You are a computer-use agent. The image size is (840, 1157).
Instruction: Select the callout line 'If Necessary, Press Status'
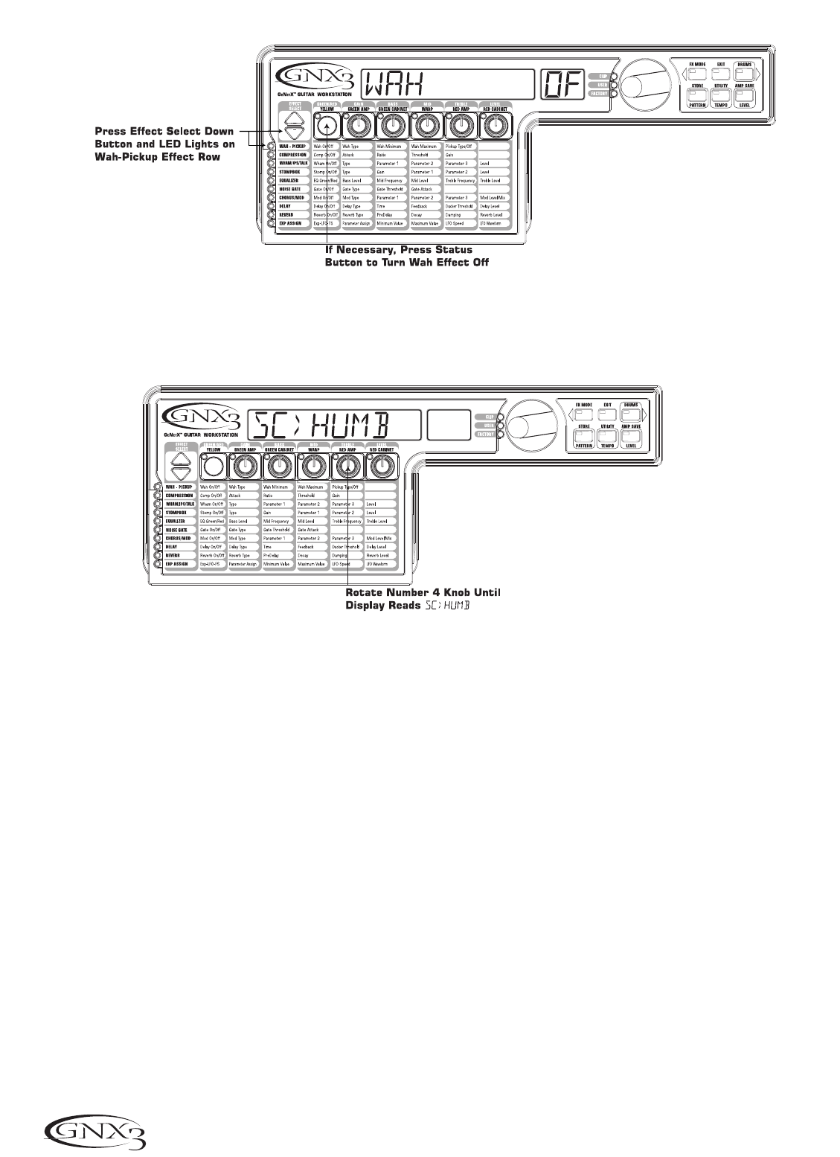(x=399, y=249)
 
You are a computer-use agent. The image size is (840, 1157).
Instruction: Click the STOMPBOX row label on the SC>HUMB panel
(x=179, y=513)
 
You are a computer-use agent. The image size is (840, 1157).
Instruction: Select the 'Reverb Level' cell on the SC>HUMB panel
(x=382, y=555)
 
